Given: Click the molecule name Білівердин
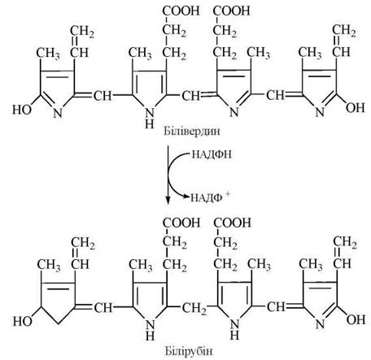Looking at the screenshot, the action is [192, 131].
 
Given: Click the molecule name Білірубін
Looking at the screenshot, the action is [189, 351].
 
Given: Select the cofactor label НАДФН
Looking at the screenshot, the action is [212, 154].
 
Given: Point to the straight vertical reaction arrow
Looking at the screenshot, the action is [168, 175].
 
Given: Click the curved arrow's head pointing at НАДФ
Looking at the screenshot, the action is [186, 197].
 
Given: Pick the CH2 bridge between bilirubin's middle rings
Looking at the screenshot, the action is [194, 308].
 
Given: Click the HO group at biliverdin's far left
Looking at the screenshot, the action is [22, 110].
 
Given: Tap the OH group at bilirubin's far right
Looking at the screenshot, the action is [356, 320].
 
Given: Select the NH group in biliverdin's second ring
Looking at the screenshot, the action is [150, 119].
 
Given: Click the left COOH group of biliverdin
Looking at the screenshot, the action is [181, 11].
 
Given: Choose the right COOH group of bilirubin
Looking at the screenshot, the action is [232, 223].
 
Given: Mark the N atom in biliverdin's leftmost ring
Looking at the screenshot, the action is [58, 113].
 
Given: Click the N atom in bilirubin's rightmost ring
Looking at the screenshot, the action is [320, 324].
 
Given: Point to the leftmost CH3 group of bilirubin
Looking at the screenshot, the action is [49, 265].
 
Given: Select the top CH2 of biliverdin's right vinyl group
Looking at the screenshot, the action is [344, 31].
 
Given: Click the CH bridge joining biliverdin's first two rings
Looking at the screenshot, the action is [103, 96].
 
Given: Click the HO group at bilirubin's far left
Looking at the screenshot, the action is [23, 322].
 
